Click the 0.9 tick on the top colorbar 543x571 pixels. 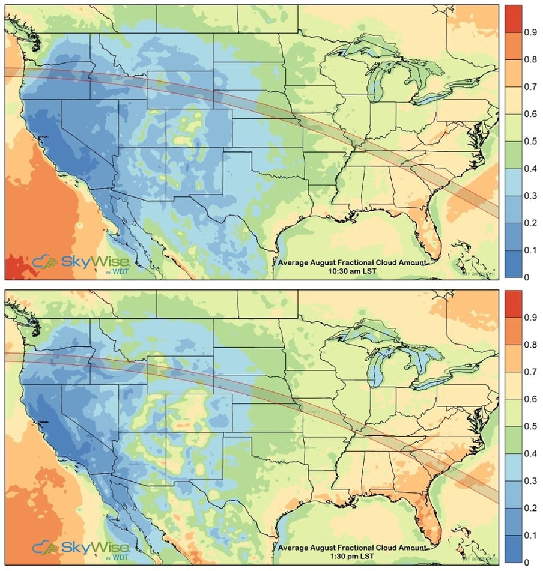[x=530, y=32]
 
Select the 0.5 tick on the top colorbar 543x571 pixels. [x=530, y=141]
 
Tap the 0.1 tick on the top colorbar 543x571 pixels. [x=530, y=250]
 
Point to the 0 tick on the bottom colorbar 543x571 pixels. [x=527, y=562]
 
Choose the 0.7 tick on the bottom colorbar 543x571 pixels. [x=530, y=372]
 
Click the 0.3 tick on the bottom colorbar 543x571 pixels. [x=530, y=480]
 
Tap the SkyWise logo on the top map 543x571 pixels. [x=81, y=263]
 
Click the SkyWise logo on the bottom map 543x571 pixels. [x=81, y=547]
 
